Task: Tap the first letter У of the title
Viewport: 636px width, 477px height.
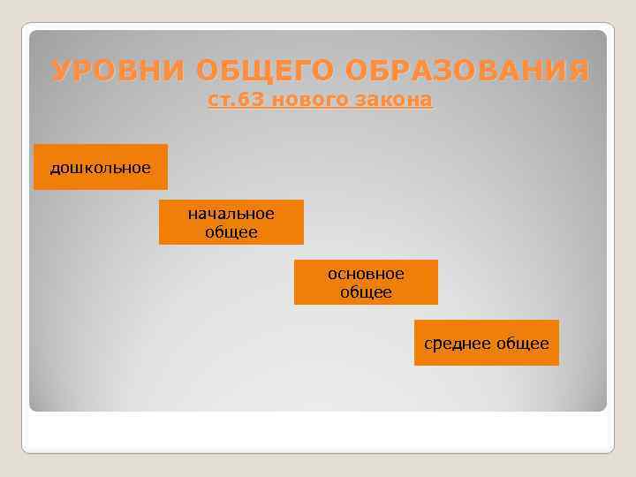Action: (x=61, y=71)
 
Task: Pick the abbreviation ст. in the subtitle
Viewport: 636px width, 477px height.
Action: (x=222, y=102)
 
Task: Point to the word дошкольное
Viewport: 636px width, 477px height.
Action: (x=100, y=167)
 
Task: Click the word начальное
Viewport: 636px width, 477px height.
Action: (x=231, y=214)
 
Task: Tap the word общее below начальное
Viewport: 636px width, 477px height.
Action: (x=231, y=232)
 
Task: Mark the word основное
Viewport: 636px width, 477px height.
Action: (x=366, y=274)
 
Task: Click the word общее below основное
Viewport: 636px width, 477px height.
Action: (x=366, y=292)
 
